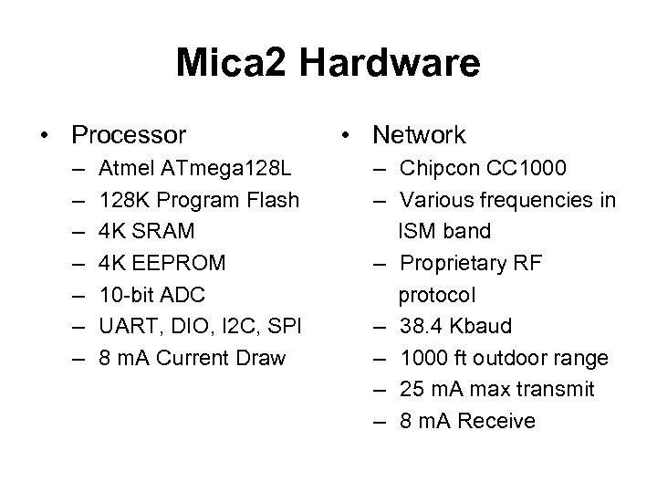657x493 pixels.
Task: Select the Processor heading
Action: (x=129, y=136)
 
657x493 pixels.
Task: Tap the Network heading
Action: (x=419, y=136)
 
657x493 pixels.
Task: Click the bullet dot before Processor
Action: (x=45, y=137)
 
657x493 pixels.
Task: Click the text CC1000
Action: (x=526, y=168)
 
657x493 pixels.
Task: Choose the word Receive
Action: (x=497, y=421)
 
